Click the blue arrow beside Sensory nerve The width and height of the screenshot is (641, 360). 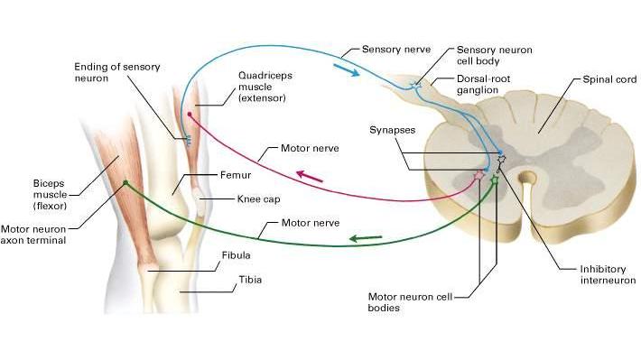(x=347, y=69)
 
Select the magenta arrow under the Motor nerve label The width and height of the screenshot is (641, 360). (x=310, y=176)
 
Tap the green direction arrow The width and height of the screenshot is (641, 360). (x=366, y=238)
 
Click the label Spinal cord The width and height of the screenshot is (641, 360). (x=609, y=79)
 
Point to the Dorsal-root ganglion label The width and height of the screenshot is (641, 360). (x=483, y=84)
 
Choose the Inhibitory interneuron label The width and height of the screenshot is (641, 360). (x=608, y=274)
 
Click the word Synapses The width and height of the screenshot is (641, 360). (x=392, y=130)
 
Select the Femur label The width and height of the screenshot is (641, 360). (x=236, y=175)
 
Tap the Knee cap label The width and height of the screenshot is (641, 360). (x=258, y=199)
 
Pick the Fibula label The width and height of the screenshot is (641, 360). (x=236, y=255)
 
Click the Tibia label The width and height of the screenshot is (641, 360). (x=250, y=280)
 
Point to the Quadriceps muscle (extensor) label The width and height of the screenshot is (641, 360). (x=265, y=87)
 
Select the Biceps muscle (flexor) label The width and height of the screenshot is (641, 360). (x=50, y=195)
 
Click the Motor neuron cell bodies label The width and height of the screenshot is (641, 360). (x=410, y=302)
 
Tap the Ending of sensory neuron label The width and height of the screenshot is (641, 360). (x=117, y=72)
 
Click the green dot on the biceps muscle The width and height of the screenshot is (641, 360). (x=125, y=182)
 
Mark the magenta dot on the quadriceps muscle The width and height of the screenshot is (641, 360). (x=190, y=115)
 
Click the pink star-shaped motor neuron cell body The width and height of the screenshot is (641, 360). (x=478, y=176)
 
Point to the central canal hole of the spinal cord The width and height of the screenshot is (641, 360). (x=528, y=178)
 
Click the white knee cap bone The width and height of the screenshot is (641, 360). (x=200, y=201)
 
